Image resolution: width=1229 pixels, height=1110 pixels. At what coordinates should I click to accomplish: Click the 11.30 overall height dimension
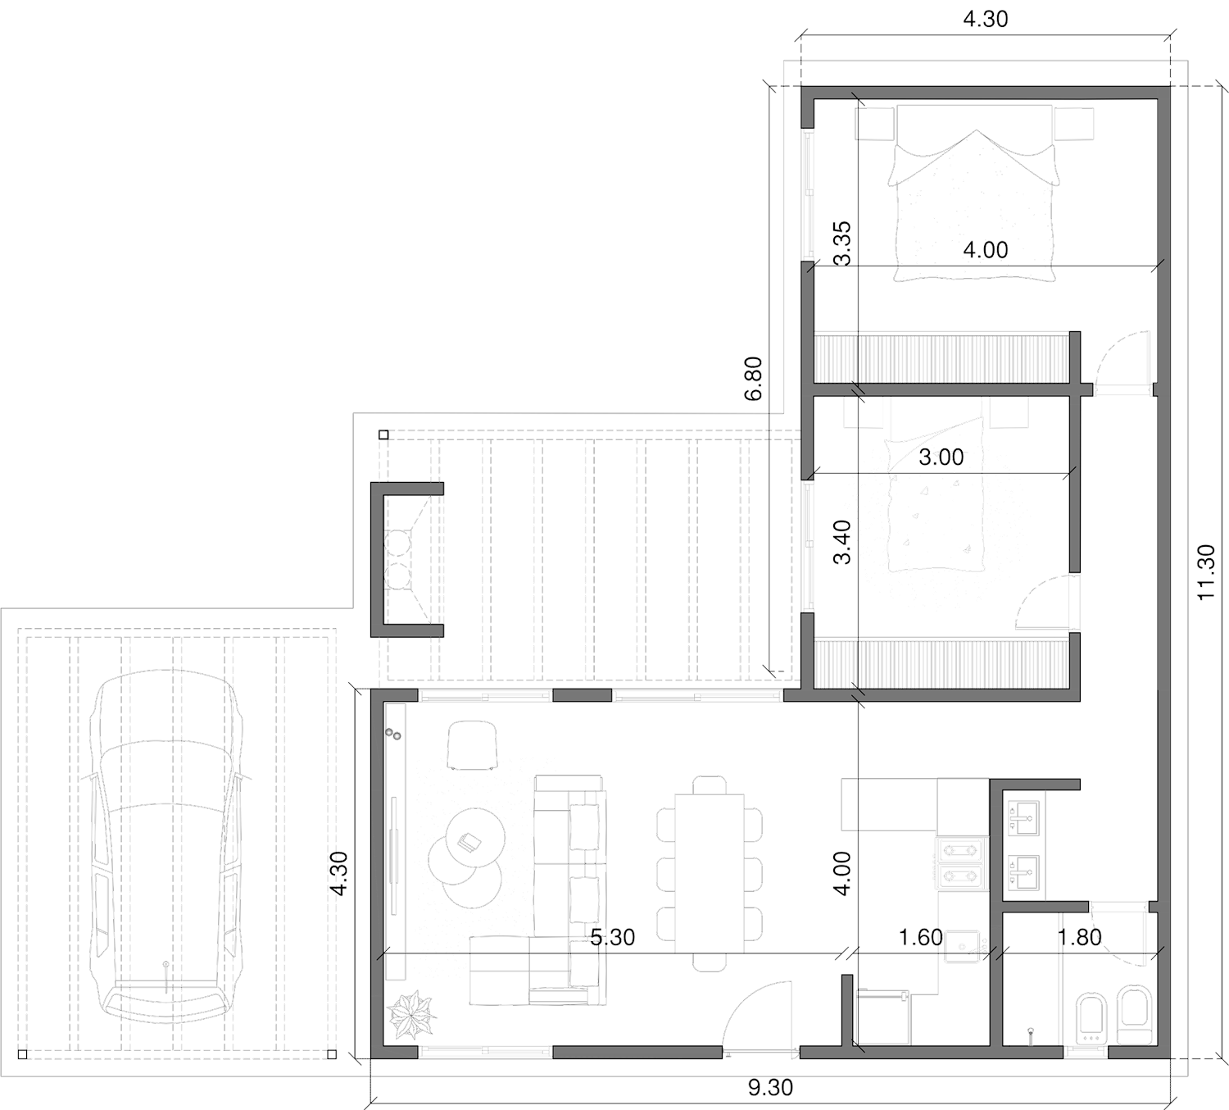1207,572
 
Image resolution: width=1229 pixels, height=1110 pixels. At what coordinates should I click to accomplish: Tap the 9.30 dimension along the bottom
770,1087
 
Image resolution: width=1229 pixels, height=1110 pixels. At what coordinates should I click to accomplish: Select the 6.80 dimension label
753,377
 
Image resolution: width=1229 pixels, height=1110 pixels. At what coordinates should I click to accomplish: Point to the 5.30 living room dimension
612,937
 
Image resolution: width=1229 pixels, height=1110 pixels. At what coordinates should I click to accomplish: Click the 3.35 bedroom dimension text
841,243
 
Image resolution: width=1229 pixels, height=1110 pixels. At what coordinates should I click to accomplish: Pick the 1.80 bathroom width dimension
1079,937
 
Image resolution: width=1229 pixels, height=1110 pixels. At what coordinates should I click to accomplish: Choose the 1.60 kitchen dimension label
920,937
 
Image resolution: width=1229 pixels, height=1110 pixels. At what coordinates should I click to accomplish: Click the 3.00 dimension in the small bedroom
941,457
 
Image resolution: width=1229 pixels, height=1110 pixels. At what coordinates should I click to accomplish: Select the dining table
710,873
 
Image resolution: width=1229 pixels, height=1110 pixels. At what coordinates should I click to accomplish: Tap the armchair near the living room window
473,744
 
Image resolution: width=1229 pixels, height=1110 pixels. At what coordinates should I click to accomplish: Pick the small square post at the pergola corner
383,435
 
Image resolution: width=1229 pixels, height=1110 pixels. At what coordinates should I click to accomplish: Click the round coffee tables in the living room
466,857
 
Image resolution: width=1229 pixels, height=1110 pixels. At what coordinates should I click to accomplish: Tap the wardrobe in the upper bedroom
942,357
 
